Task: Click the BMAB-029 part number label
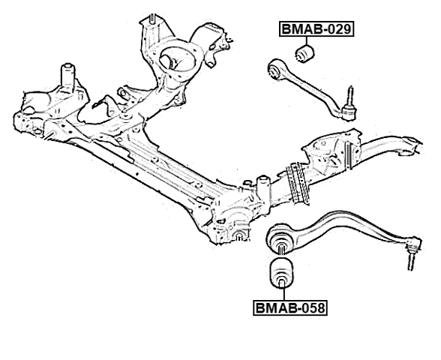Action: click(316, 29)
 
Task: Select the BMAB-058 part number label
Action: click(290, 307)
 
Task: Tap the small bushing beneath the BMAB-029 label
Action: click(304, 54)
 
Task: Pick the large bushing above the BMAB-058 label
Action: click(281, 274)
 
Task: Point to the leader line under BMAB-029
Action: click(307, 40)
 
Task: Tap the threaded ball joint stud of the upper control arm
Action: click(350, 96)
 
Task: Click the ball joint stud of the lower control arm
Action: click(411, 260)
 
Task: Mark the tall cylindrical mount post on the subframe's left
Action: click(68, 75)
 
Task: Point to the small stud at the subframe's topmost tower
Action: click(152, 19)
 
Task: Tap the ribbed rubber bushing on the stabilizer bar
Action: click(298, 183)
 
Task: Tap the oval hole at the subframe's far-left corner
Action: click(28, 109)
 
